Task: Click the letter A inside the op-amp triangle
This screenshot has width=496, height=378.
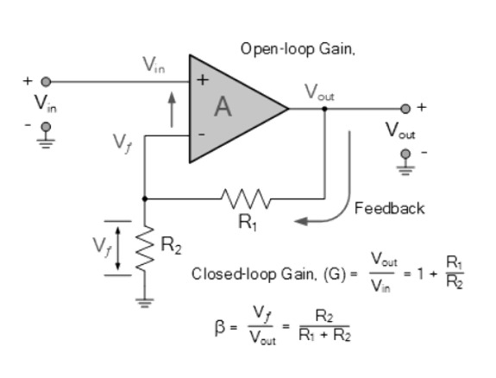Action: tap(223, 107)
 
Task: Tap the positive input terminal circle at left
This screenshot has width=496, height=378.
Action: tap(46, 82)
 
